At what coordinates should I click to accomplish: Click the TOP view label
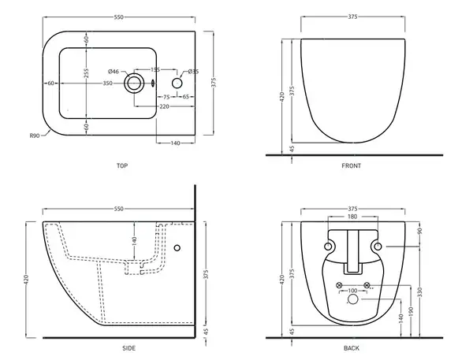click(122, 165)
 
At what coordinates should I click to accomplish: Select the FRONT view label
click(351, 165)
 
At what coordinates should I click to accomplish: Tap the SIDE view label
click(128, 348)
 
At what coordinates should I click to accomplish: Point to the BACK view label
click(352, 348)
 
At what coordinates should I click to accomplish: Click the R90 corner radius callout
click(35, 135)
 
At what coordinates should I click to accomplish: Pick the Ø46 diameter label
click(114, 72)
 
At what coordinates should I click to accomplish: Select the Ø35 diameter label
click(193, 72)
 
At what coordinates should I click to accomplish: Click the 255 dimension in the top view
click(86, 73)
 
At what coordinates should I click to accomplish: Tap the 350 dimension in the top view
click(108, 84)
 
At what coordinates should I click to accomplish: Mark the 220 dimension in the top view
click(165, 106)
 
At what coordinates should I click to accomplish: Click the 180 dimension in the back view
click(352, 217)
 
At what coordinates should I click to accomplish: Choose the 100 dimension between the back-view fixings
click(352, 291)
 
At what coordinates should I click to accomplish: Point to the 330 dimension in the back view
click(420, 291)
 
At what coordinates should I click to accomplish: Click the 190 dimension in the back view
click(412, 310)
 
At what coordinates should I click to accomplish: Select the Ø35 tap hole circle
click(177, 84)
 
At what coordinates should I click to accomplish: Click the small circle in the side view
click(177, 248)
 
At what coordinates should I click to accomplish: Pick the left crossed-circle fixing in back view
click(339, 285)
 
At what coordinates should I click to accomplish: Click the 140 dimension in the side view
click(135, 240)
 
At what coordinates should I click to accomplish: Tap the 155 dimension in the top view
click(155, 69)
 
